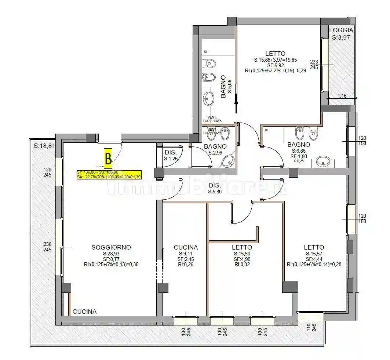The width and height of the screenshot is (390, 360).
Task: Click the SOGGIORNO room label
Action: [111, 247]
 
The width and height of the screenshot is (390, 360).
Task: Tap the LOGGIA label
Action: [341, 30]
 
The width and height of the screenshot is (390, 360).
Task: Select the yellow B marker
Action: [108, 159]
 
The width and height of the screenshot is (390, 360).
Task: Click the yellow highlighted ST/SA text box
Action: [109, 174]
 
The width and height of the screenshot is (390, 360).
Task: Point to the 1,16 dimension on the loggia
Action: [342, 96]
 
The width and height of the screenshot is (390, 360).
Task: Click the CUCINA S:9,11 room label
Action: [186, 247]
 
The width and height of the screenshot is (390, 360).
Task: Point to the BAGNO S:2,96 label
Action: [215, 149]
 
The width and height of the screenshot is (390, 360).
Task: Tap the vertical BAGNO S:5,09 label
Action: [226, 87]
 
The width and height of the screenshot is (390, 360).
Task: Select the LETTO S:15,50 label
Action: [242, 247]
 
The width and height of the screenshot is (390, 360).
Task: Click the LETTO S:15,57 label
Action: [314, 247]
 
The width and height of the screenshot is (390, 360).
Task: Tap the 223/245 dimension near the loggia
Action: [314, 64]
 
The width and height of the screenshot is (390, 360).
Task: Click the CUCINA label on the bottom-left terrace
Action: [84, 312]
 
